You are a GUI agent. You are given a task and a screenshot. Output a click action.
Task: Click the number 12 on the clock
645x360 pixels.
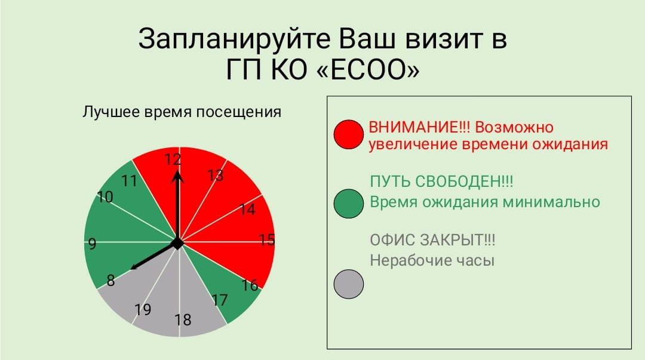coord(173,159)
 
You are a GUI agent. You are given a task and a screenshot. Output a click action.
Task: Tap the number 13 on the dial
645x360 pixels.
coord(215,176)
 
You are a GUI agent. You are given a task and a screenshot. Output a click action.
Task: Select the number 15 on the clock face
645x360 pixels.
coord(266,239)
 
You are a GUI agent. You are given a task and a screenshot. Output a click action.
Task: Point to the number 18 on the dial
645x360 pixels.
coord(183,319)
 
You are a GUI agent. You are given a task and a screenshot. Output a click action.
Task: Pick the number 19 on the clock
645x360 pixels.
coord(143,309)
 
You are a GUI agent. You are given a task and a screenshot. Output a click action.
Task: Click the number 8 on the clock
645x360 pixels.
coord(110,280)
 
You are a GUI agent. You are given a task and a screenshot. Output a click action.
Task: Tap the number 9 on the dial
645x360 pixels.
coord(92,244)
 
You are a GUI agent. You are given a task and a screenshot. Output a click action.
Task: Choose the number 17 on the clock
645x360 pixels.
coord(220,300)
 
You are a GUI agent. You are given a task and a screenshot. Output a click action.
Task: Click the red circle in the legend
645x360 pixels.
coord(348,134)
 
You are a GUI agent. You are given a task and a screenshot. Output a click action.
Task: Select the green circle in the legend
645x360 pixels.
coord(348,203)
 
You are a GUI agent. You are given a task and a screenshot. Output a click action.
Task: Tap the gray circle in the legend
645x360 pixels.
coord(348,284)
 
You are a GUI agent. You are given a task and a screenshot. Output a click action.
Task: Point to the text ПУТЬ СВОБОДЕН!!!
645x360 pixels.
coord(441,181)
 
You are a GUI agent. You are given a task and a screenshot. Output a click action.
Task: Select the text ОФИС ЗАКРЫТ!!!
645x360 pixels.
coord(432,239)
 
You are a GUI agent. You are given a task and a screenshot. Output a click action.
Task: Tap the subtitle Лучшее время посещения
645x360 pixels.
coord(182,112)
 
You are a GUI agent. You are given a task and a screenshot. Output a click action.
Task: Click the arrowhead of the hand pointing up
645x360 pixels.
coord(177,176)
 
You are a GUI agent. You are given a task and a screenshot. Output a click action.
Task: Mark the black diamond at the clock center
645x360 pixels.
coord(177,243)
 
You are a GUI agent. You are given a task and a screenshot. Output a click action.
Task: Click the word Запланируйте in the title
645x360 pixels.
coord(235,39)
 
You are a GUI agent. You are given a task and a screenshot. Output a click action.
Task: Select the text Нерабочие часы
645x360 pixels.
coord(432,260)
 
